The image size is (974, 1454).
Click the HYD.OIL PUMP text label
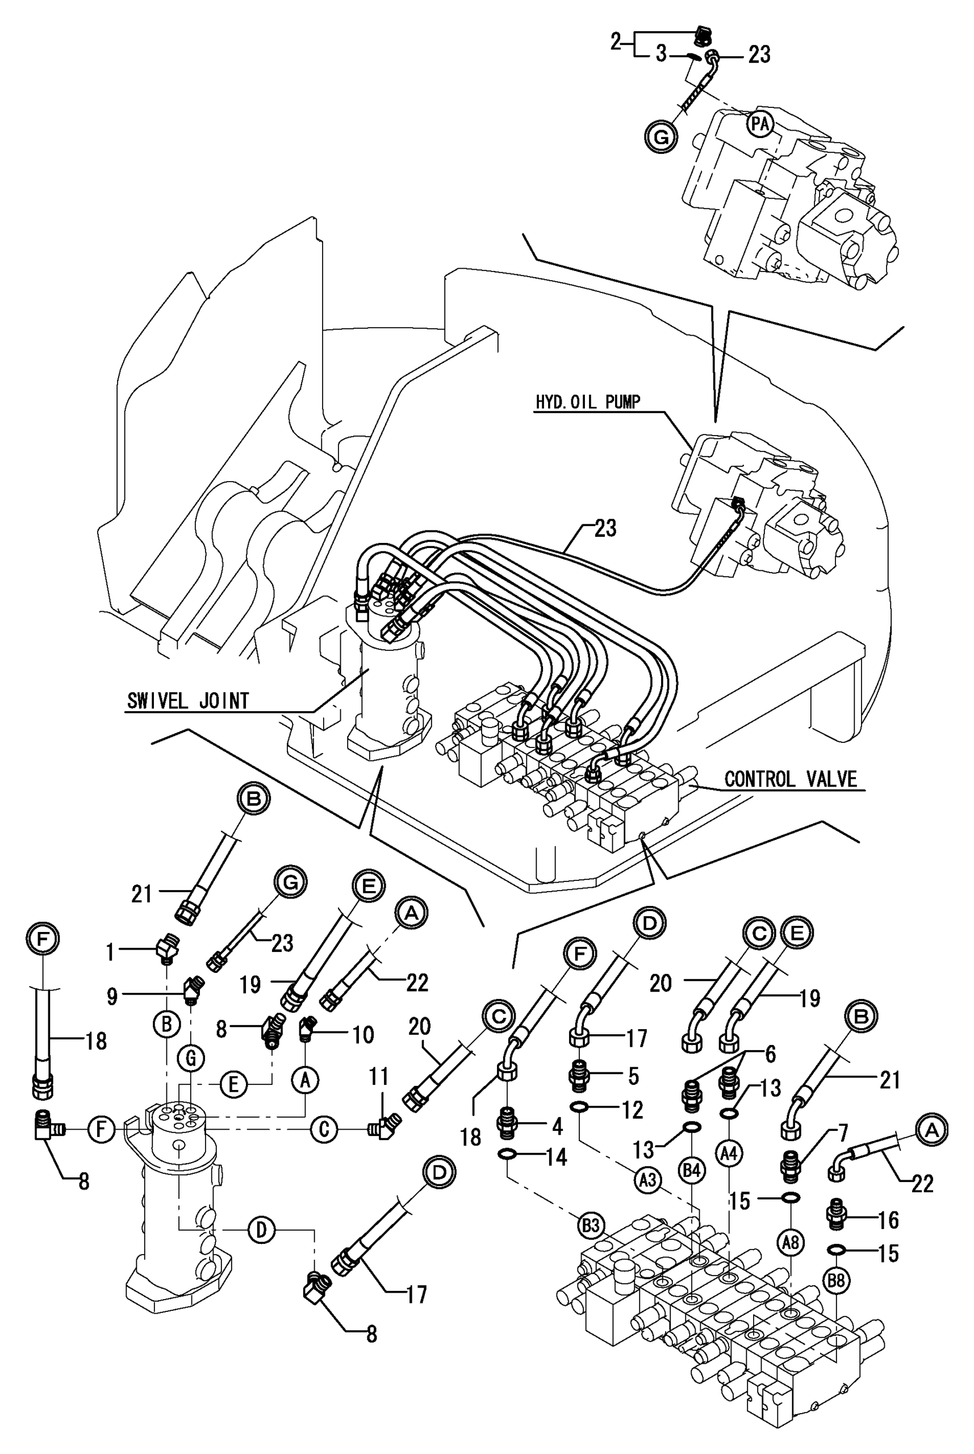(x=587, y=402)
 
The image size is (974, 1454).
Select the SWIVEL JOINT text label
(x=187, y=701)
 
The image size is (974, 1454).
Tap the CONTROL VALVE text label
(x=790, y=779)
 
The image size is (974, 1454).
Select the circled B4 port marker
(x=692, y=1171)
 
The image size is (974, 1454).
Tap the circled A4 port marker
(x=729, y=1154)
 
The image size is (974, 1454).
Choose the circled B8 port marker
(x=836, y=1280)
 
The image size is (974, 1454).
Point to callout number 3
(x=661, y=55)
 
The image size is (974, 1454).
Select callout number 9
(x=112, y=996)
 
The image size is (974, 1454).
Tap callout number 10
(x=363, y=1034)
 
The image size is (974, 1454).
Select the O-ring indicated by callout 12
(x=579, y=1105)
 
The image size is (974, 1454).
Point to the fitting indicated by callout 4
(x=508, y=1123)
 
